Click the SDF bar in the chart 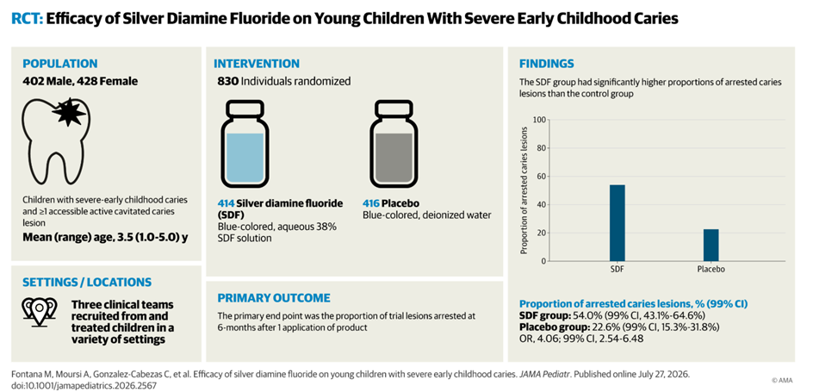[x=617, y=223]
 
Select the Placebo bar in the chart [x=711, y=246]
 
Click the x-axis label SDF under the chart [x=617, y=270]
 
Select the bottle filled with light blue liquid [x=245, y=146]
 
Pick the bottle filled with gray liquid [x=394, y=146]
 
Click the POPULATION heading [x=59, y=64]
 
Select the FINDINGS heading [x=547, y=64]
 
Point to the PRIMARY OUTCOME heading [x=274, y=298]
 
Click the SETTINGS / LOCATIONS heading [x=87, y=282]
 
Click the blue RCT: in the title [x=27, y=20]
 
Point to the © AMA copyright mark [x=782, y=380]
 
